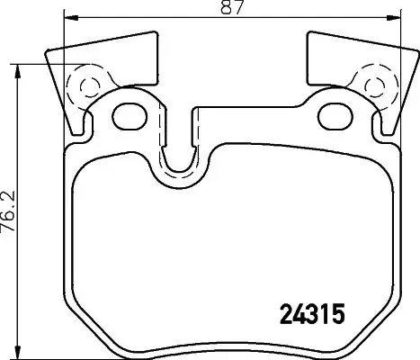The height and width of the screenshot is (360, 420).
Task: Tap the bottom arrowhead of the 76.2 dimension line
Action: [20, 352]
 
